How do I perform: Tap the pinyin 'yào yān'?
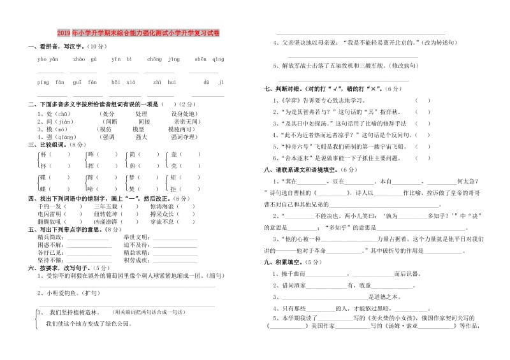[48, 59]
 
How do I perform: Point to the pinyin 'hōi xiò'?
[120, 82]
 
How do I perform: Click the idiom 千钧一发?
[50, 206]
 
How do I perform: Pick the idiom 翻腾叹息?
[50, 222]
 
